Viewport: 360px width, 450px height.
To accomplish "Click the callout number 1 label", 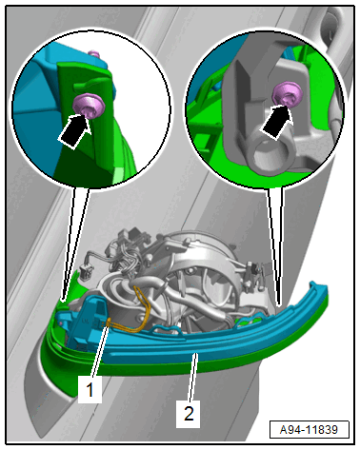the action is pos(90,389).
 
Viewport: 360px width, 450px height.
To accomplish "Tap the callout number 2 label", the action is pos(189,414).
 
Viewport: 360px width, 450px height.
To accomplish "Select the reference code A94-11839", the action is pos(309,430).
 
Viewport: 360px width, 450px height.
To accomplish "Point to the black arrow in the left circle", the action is pos(73,131).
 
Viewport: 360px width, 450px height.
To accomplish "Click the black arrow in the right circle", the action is pos(275,122).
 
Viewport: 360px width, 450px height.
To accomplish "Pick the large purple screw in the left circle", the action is pos(89,106).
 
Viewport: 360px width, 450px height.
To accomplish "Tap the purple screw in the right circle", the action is pos(288,93).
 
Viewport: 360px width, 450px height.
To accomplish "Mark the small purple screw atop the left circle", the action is pos(94,53).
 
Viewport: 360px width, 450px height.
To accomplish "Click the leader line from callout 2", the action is pos(193,378).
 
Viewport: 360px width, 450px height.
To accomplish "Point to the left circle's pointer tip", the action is pos(63,300).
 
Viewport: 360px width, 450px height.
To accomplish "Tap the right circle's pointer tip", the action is pos(279,305).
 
